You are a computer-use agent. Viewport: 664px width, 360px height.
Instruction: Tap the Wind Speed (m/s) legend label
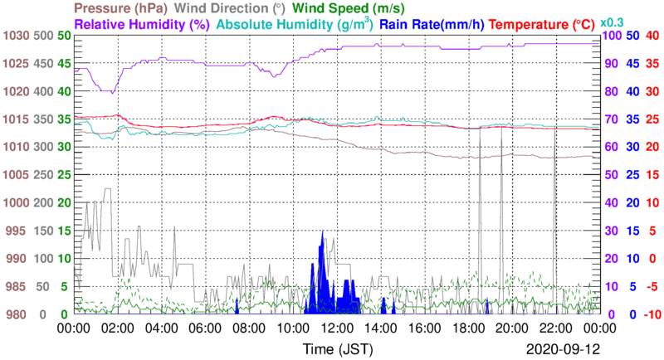[x=347, y=8]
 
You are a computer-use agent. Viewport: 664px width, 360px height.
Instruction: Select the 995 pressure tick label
[x=17, y=231]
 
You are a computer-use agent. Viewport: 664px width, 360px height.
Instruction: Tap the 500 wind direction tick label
[x=44, y=36]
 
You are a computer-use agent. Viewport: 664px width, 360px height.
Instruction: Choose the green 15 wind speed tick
[x=64, y=231]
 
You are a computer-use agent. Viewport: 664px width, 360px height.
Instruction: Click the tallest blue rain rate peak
[x=322, y=232]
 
